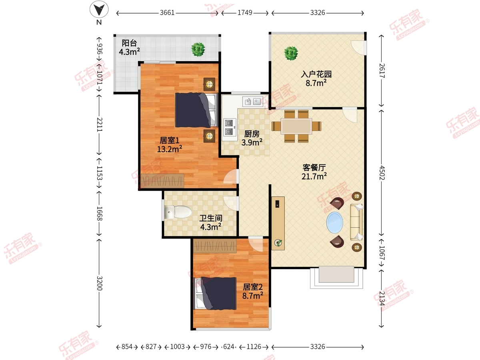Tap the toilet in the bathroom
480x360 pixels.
coord(178,212)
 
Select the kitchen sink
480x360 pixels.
coord(252,102)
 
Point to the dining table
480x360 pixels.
coord(296,126)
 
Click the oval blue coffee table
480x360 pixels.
coord(334,222)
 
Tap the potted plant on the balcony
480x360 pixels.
coord(198,49)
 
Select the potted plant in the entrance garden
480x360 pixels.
coord(291,53)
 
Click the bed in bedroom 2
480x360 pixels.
coord(216,293)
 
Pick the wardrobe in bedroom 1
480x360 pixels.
coord(162,180)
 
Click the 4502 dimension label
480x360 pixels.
coord(382,173)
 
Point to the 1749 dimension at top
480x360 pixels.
coord(245,13)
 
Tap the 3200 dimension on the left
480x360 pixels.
coord(100,283)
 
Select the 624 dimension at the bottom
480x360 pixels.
coord(229,347)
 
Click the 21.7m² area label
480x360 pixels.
coord(314,176)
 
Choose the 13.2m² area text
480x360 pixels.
coord(170,149)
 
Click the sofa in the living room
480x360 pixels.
coord(356,222)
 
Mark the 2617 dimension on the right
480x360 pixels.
coord(382,71)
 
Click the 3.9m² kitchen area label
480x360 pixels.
coord(252,142)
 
